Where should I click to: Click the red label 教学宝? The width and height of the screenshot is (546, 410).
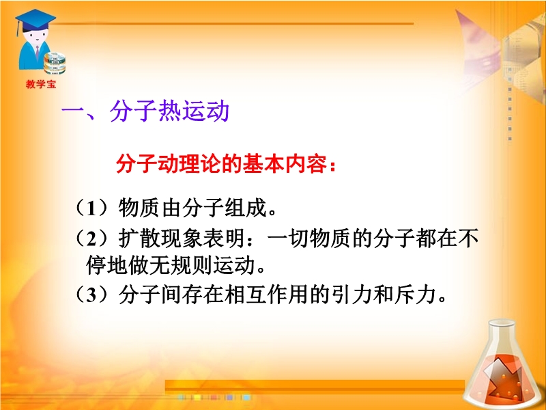[x=41, y=84]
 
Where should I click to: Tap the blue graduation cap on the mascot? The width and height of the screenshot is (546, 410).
[x=35, y=20]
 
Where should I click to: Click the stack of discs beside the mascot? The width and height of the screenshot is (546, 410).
[x=55, y=63]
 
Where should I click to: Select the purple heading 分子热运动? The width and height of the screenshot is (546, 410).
[x=169, y=111]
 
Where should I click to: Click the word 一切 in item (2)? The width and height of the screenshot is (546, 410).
[x=288, y=238]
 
